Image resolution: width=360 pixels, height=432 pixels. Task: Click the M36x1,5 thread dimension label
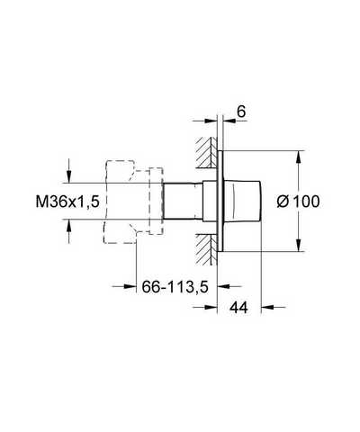pyautogui.click(x=67, y=202)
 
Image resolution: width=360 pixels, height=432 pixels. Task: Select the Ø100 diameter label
pyautogui.click(x=298, y=202)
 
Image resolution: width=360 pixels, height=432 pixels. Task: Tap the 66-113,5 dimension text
pyautogui.click(x=175, y=287)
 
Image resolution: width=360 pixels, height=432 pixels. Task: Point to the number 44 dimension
pyautogui.click(x=238, y=308)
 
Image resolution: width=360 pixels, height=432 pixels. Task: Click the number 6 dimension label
pyautogui.click(x=241, y=112)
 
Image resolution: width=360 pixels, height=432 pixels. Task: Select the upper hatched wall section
pyautogui.click(x=206, y=152)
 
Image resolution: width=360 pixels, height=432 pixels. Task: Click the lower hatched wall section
pyautogui.click(x=206, y=249)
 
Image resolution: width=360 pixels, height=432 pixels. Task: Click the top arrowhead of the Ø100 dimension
pyautogui.click(x=298, y=157)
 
